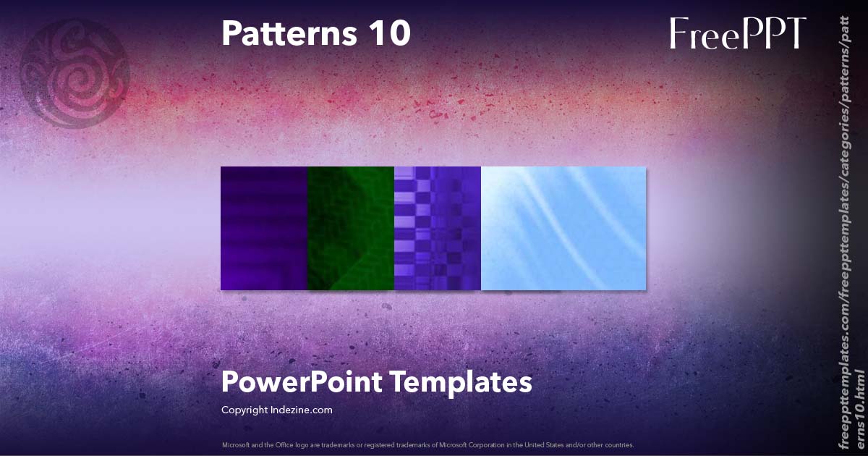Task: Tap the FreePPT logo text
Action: pyautogui.click(x=737, y=33)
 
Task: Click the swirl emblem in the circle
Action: pyautogui.click(x=75, y=73)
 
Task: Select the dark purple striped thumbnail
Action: pyautogui.click(x=264, y=229)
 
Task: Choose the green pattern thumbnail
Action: pyautogui.click(x=351, y=229)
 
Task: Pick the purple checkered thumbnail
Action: pyautogui.click(x=438, y=229)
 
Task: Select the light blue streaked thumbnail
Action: pyautogui.click(x=563, y=229)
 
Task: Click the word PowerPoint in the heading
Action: pyautogui.click(x=302, y=382)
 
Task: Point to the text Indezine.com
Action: pyautogui.click(x=302, y=410)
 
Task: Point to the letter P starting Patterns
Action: pyautogui.click(x=231, y=33)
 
